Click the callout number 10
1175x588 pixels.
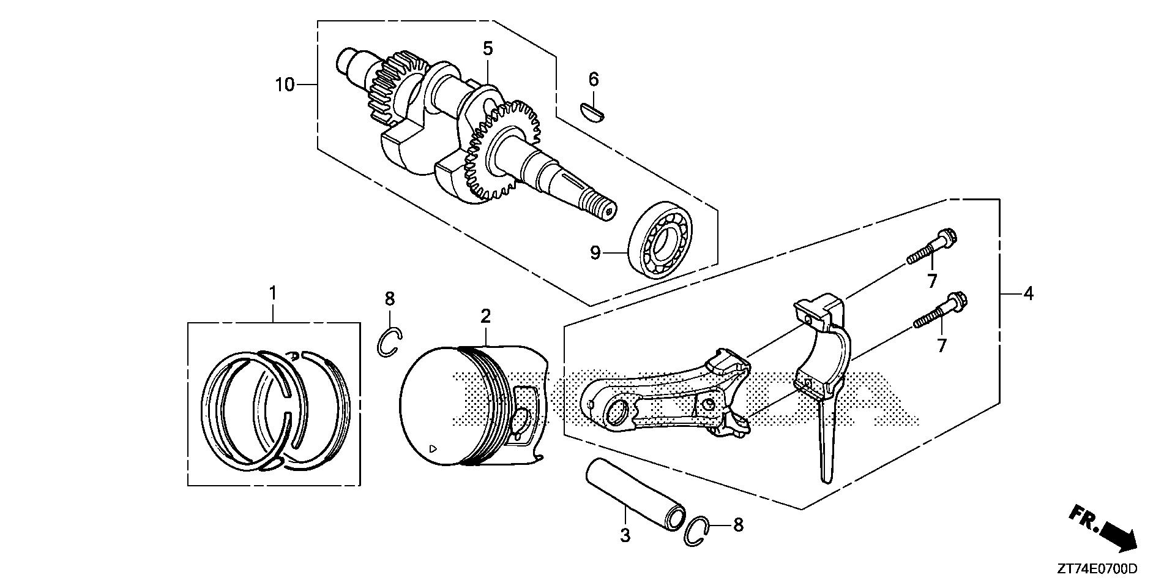tap(285, 85)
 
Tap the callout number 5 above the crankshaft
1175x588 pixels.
tap(487, 48)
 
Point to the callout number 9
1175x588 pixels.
tap(595, 253)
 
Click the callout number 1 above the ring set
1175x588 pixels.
tap(273, 293)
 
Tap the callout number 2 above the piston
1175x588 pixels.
tap(485, 316)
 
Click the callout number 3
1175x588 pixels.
tap(625, 535)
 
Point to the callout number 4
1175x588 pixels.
tap(1028, 294)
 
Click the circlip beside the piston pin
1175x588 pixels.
tap(698, 530)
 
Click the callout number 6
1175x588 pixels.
tap(594, 79)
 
